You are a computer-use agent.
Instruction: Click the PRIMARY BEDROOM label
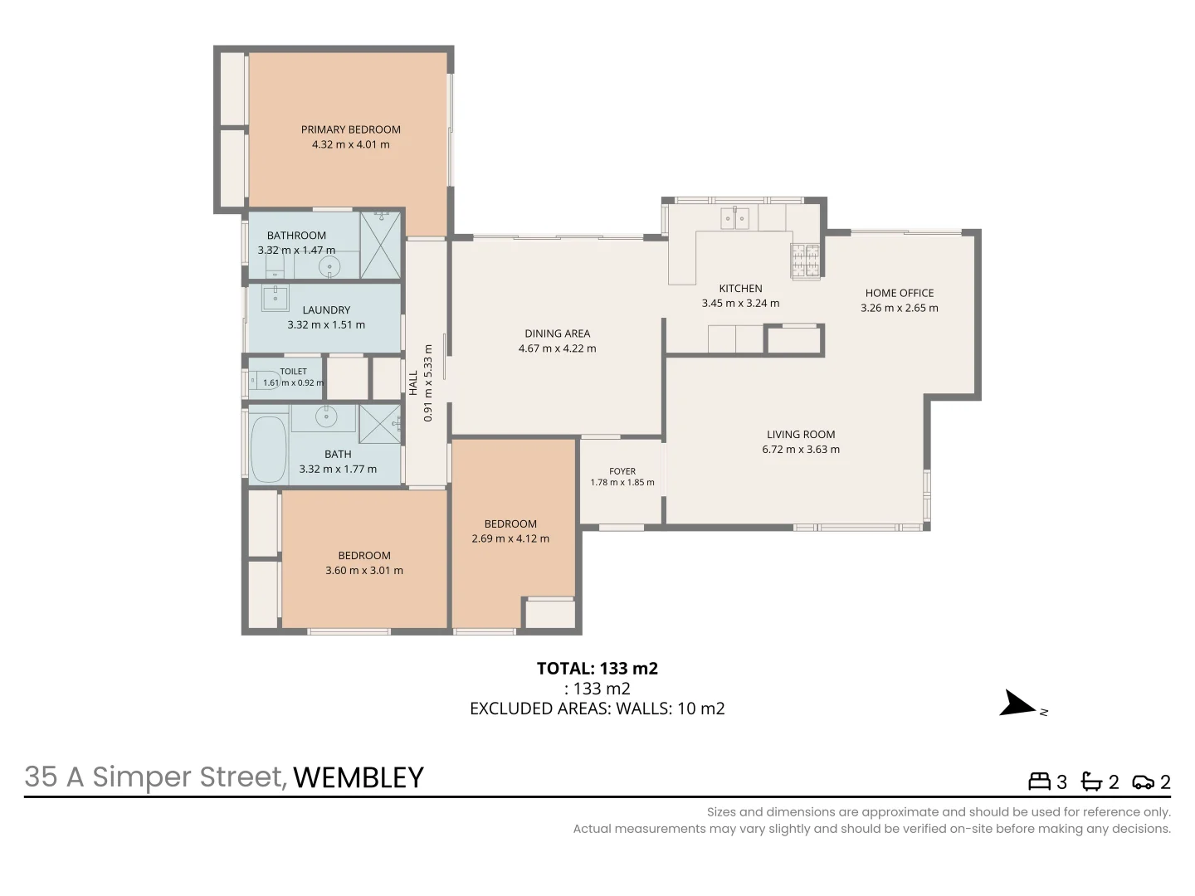350,129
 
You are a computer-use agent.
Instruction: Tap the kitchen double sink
734,218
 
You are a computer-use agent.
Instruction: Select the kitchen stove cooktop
805,261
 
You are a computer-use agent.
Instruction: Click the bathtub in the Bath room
268,450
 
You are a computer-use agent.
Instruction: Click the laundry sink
275,298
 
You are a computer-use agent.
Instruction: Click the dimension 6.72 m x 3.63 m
801,450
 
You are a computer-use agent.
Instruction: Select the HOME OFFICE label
900,293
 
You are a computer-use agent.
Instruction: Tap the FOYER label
622,471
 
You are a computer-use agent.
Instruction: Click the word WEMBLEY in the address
358,777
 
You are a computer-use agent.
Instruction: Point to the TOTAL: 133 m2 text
597,668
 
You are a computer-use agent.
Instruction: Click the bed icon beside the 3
1039,782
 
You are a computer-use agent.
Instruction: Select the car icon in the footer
1144,782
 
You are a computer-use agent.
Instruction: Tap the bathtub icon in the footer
1091,782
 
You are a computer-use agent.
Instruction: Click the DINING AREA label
558,334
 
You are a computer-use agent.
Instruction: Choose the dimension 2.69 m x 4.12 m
510,538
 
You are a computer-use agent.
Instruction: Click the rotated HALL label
413,383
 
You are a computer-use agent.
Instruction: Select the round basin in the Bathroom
329,266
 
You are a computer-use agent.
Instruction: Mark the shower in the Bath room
380,424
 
